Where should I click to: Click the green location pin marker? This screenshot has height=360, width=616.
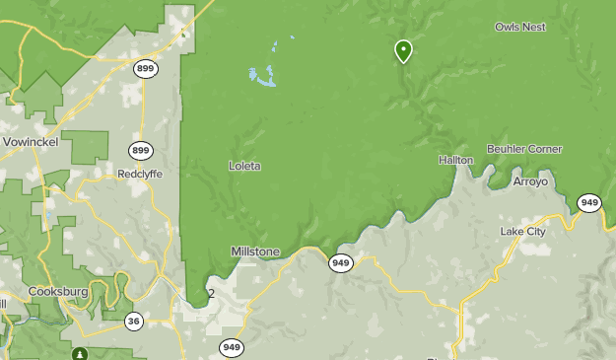click(403, 50)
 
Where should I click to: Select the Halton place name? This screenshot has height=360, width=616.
click(456, 159)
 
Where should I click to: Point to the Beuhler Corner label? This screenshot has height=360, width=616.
click(524, 149)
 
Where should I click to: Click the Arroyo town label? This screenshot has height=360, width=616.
click(530, 181)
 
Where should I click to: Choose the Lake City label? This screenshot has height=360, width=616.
click(522, 231)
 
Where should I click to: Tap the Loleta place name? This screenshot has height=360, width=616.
click(244, 166)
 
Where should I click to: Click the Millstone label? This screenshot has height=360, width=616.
click(255, 252)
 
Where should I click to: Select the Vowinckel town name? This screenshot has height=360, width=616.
click(31, 142)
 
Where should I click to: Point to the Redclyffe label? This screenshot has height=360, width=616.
click(140, 173)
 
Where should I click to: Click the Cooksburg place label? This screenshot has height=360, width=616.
click(58, 292)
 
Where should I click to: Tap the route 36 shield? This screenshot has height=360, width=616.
click(134, 320)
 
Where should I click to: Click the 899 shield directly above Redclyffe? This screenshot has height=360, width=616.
click(140, 150)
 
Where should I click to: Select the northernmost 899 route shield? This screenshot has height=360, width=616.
click(146, 68)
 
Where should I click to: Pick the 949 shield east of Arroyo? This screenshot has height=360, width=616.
click(589, 203)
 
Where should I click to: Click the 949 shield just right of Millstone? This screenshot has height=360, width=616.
click(341, 262)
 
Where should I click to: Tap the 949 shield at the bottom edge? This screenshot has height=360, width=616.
click(232, 347)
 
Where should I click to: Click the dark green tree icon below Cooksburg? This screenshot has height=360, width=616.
click(80, 353)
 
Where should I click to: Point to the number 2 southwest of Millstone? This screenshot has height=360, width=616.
click(211, 294)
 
